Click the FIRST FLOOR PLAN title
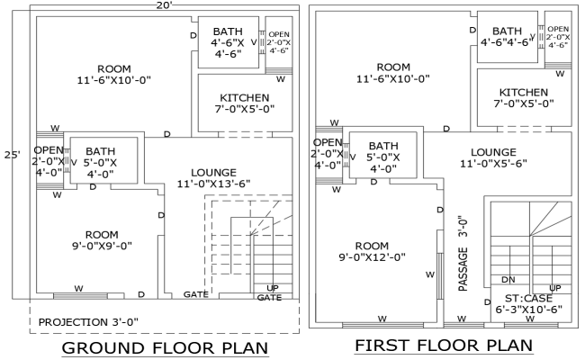tap(443, 346)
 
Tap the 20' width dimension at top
tap(163, 5)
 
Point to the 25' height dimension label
tap(11, 154)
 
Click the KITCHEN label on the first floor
tap(523, 98)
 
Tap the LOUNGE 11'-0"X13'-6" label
tap(213, 178)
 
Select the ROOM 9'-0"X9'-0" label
tap(102, 238)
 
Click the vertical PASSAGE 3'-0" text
tap(463, 252)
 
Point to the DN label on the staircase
tap(508, 279)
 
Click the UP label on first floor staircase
tap(555, 288)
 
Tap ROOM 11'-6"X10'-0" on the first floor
tap(393, 73)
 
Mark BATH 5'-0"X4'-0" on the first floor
tap(383, 156)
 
